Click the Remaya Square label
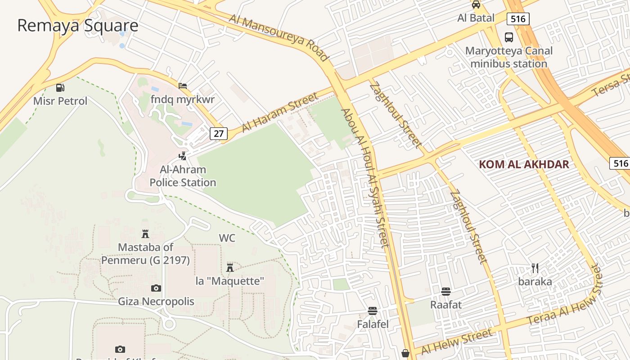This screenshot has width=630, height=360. coord(77,26)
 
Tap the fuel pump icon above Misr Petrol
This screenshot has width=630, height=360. coord(60,87)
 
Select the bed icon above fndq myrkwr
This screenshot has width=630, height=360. coord(183,86)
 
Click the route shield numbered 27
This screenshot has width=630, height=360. coord(218,133)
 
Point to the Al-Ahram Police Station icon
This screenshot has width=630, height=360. coord(183,156)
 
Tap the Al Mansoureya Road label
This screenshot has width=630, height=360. coord(279,37)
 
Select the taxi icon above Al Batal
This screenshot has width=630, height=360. coord(476,5)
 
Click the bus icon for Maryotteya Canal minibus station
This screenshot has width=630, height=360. coord(509,37)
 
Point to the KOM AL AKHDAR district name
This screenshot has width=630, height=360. coord(524,164)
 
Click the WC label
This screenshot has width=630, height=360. coord(227,238)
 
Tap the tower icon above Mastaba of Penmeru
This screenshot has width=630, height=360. coord(145,234)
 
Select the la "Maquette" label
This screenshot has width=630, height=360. coord(229,281)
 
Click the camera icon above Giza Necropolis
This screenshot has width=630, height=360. coord(156,288)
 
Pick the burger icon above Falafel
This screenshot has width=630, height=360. coord(373,311)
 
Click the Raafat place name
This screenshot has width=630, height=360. coord(446,305)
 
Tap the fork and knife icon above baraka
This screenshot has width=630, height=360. coord(535,268)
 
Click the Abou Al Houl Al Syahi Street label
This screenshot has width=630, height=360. coord(364,178)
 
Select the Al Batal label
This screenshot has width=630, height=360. coord(476,18)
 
